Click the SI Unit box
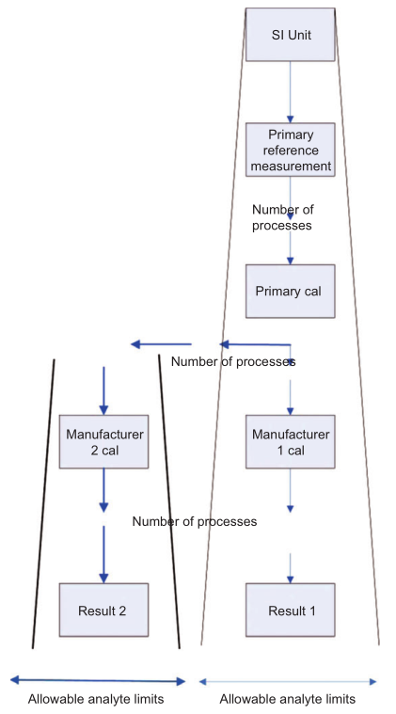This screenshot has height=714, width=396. pos(290,35)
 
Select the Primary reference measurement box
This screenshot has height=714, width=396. pos(290,150)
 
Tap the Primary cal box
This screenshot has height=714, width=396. pos(290,291)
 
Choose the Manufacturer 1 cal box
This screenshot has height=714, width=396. pos(290,442)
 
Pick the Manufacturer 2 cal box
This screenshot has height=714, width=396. pos(103,442)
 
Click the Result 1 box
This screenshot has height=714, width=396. pos(290,610)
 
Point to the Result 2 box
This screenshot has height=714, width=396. pos(103,610)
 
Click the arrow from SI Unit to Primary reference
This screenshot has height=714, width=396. pos(290,92)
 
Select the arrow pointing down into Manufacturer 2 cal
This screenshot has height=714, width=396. pos(103,390)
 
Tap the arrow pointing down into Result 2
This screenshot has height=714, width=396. pos(103,555)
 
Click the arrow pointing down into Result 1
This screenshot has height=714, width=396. pos(290,568)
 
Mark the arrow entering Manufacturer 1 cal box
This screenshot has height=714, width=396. pos(290,398)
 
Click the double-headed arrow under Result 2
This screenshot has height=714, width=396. pos(98,681)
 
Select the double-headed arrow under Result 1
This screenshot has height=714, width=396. pos(288,682)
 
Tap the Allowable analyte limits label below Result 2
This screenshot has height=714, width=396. pos(96,699)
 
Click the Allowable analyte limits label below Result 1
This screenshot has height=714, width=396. pos(288,699)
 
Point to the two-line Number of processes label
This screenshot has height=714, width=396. pos(283,217)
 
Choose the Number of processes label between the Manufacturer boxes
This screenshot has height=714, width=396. pos(195,521)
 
